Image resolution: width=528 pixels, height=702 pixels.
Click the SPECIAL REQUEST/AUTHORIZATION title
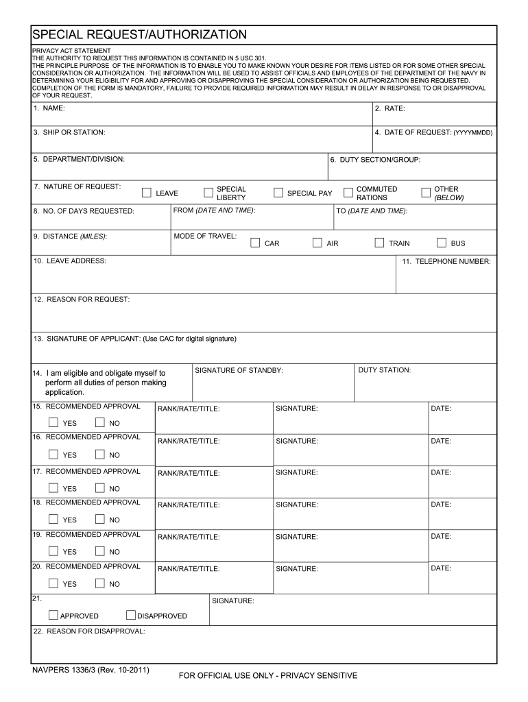click(x=139, y=34)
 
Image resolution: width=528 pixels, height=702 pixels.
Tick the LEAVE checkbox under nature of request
click(x=147, y=193)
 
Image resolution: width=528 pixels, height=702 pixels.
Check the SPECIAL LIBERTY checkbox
click(x=208, y=193)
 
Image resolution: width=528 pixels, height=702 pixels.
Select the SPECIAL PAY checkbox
click(x=278, y=193)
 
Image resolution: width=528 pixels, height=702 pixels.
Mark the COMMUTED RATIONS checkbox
click(x=348, y=193)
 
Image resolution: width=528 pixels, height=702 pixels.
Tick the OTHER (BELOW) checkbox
click(x=426, y=193)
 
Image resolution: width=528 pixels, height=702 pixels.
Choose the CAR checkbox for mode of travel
click(x=255, y=243)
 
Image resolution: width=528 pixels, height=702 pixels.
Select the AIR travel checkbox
click(x=317, y=243)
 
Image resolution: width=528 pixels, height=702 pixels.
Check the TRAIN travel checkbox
click(x=379, y=243)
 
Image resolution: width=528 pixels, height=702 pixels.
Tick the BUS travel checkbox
click(x=442, y=243)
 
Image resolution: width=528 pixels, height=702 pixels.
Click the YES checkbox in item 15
click(x=53, y=422)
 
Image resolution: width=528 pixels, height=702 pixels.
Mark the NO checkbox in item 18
click(x=100, y=520)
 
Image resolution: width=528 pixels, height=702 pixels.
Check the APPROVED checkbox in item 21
click(x=53, y=615)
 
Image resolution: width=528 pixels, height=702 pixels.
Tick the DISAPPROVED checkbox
click(x=131, y=615)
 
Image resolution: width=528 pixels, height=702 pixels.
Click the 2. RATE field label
click(x=389, y=108)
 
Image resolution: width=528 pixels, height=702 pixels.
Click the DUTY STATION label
click(x=385, y=370)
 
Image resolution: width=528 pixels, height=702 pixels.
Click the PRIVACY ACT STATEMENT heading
click(x=71, y=51)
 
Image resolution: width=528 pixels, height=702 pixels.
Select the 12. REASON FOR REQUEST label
click(x=82, y=299)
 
